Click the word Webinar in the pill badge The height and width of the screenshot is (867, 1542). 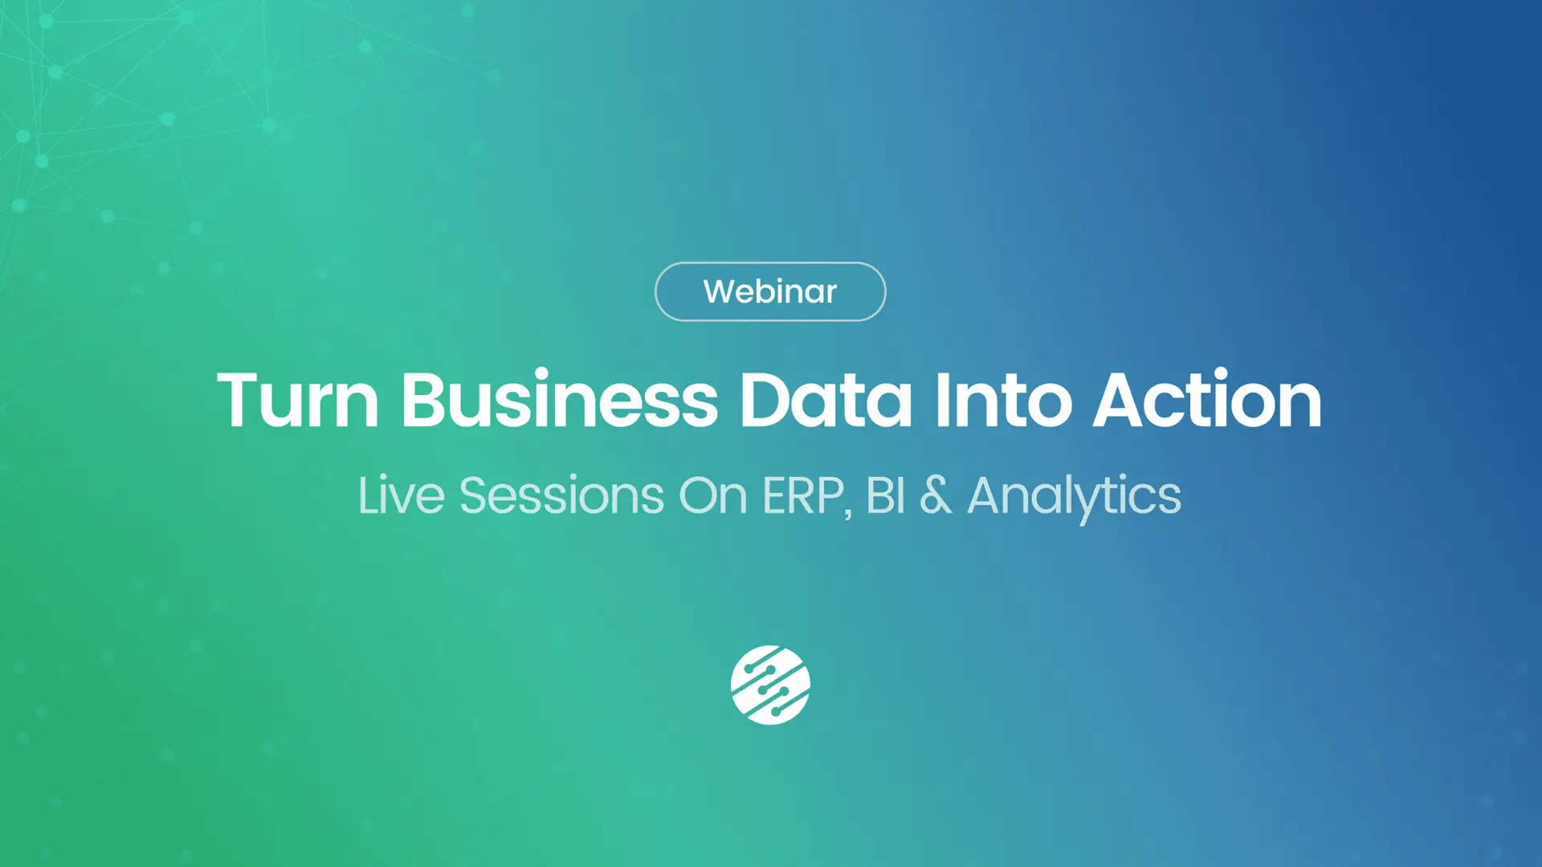tap(770, 291)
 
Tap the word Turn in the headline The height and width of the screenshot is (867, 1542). tap(298, 400)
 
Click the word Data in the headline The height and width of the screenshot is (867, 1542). tap(826, 400)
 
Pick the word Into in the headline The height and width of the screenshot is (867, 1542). tap(1003, 399)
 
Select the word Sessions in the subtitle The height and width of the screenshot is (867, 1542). tap(561, 495)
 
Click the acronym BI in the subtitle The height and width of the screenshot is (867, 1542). tap(886, 495)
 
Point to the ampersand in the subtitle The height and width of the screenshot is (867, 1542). tap(936, 495)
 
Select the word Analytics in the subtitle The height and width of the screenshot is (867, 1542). tap(1075, 498)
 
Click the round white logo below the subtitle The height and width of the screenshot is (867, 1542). tap(770, 685)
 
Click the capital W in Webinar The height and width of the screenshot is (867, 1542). tap(720, 291)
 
